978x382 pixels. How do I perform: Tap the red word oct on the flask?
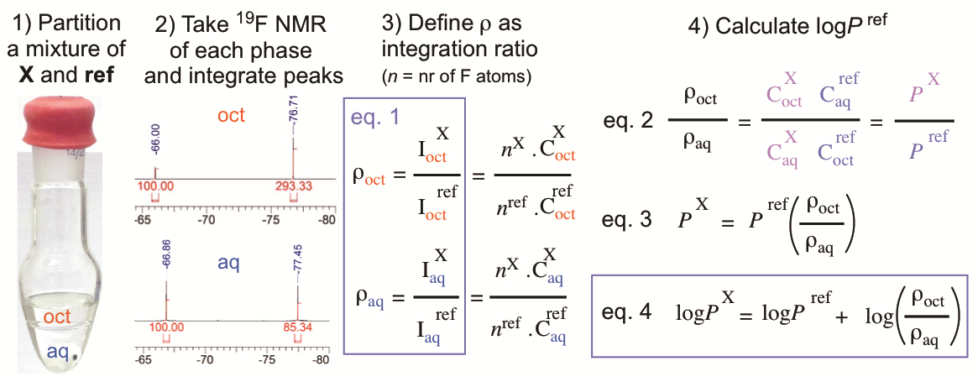tap(58, 317)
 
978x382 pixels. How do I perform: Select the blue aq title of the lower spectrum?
tap(228, 264)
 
